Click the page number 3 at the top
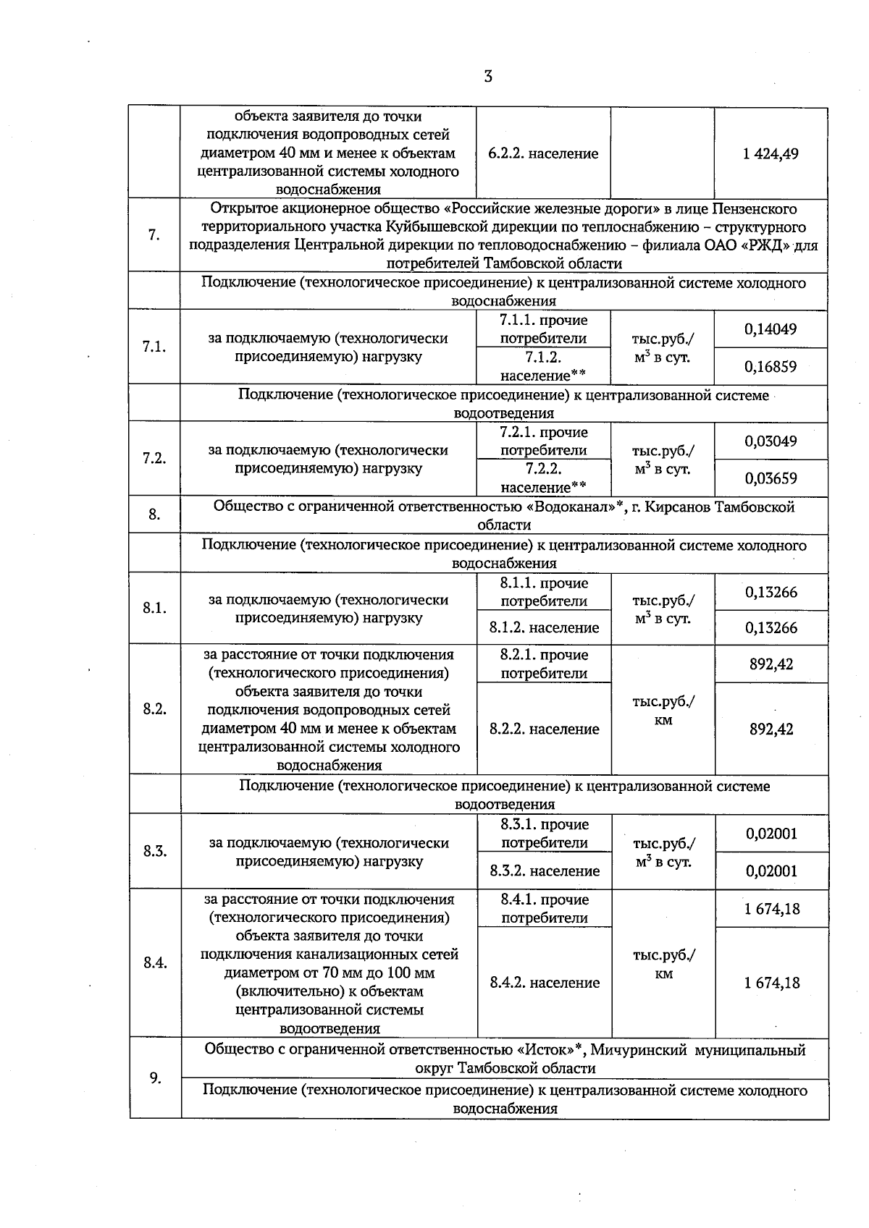(487, 76)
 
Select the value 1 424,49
(771, 153)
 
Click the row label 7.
(154, 235)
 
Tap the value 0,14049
(771, 329)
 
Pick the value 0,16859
(771, 366)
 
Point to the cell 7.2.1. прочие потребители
(543, 441)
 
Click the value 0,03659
(771, 478)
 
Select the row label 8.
(154, 515)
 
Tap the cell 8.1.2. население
(544, 627)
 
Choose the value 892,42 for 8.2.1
(771, 664)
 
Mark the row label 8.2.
(154, 709)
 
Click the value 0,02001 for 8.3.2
(771, 871)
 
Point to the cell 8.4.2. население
(545, 982)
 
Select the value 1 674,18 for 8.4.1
(771, 909)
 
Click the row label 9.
(155, 1078)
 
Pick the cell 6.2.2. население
(543, 153)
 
